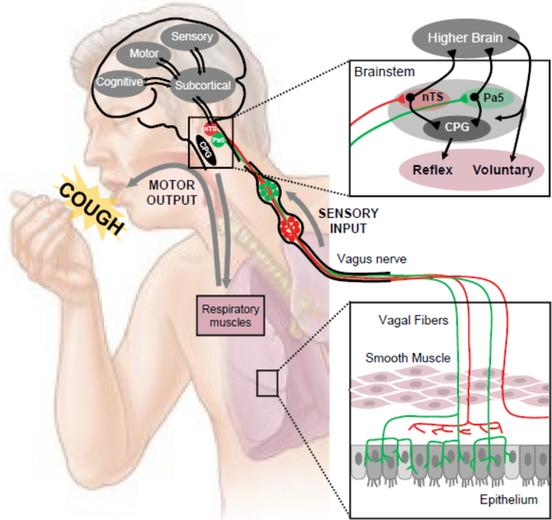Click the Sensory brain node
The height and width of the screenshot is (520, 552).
(x=191, y=38)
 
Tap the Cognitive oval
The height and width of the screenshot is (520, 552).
(x=119, y=83)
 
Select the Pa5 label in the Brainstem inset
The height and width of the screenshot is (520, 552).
(x=488, y=96)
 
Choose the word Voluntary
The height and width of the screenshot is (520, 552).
(x=503, y=170)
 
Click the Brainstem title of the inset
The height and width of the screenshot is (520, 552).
(x=386, y=71)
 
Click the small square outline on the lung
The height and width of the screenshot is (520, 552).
(x=267, y=382)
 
